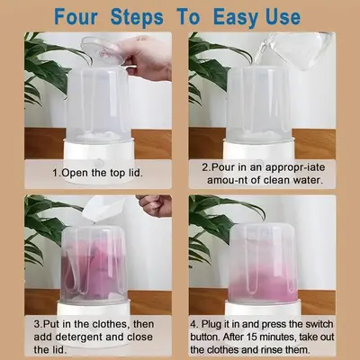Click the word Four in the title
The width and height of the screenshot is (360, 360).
(x=76, y=16)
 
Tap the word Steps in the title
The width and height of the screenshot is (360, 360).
(x=137, y=17)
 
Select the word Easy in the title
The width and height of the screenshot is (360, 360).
(x=236, y=17)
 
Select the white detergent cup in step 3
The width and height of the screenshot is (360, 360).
(x=104, y=209)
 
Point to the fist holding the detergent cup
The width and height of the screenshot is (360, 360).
(x=156, y=204)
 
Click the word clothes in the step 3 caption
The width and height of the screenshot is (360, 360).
(x=111, y=324)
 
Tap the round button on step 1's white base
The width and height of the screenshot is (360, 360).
(x=98, y=164)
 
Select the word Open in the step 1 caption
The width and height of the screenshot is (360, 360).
(x=75, y=173)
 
